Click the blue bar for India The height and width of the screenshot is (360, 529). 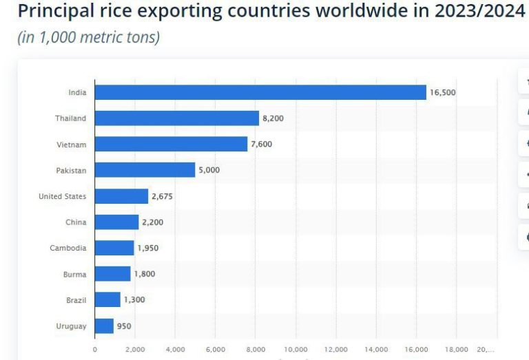[260, 92]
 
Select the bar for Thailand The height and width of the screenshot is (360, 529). [177, 118]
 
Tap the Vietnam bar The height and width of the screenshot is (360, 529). [171, 144]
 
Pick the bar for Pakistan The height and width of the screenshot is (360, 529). [145, 170]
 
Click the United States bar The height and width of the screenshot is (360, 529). [121, 196]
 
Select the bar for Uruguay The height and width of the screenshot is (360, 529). [104, 326]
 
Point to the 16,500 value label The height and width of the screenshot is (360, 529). [443, 92]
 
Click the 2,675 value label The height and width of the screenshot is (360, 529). [162, 196]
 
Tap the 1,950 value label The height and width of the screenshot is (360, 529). [147, 248]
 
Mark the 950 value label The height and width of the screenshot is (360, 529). [124, 326]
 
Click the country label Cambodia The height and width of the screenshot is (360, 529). [68, 248]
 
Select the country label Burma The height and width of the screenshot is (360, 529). [74, 274]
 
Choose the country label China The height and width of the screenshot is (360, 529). [76, 222]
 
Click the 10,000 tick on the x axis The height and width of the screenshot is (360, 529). [295, 350]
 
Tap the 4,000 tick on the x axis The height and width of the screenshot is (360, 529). [175, 350]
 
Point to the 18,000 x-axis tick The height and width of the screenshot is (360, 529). [457, 350]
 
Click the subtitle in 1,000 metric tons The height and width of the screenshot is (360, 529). [88, 37]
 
